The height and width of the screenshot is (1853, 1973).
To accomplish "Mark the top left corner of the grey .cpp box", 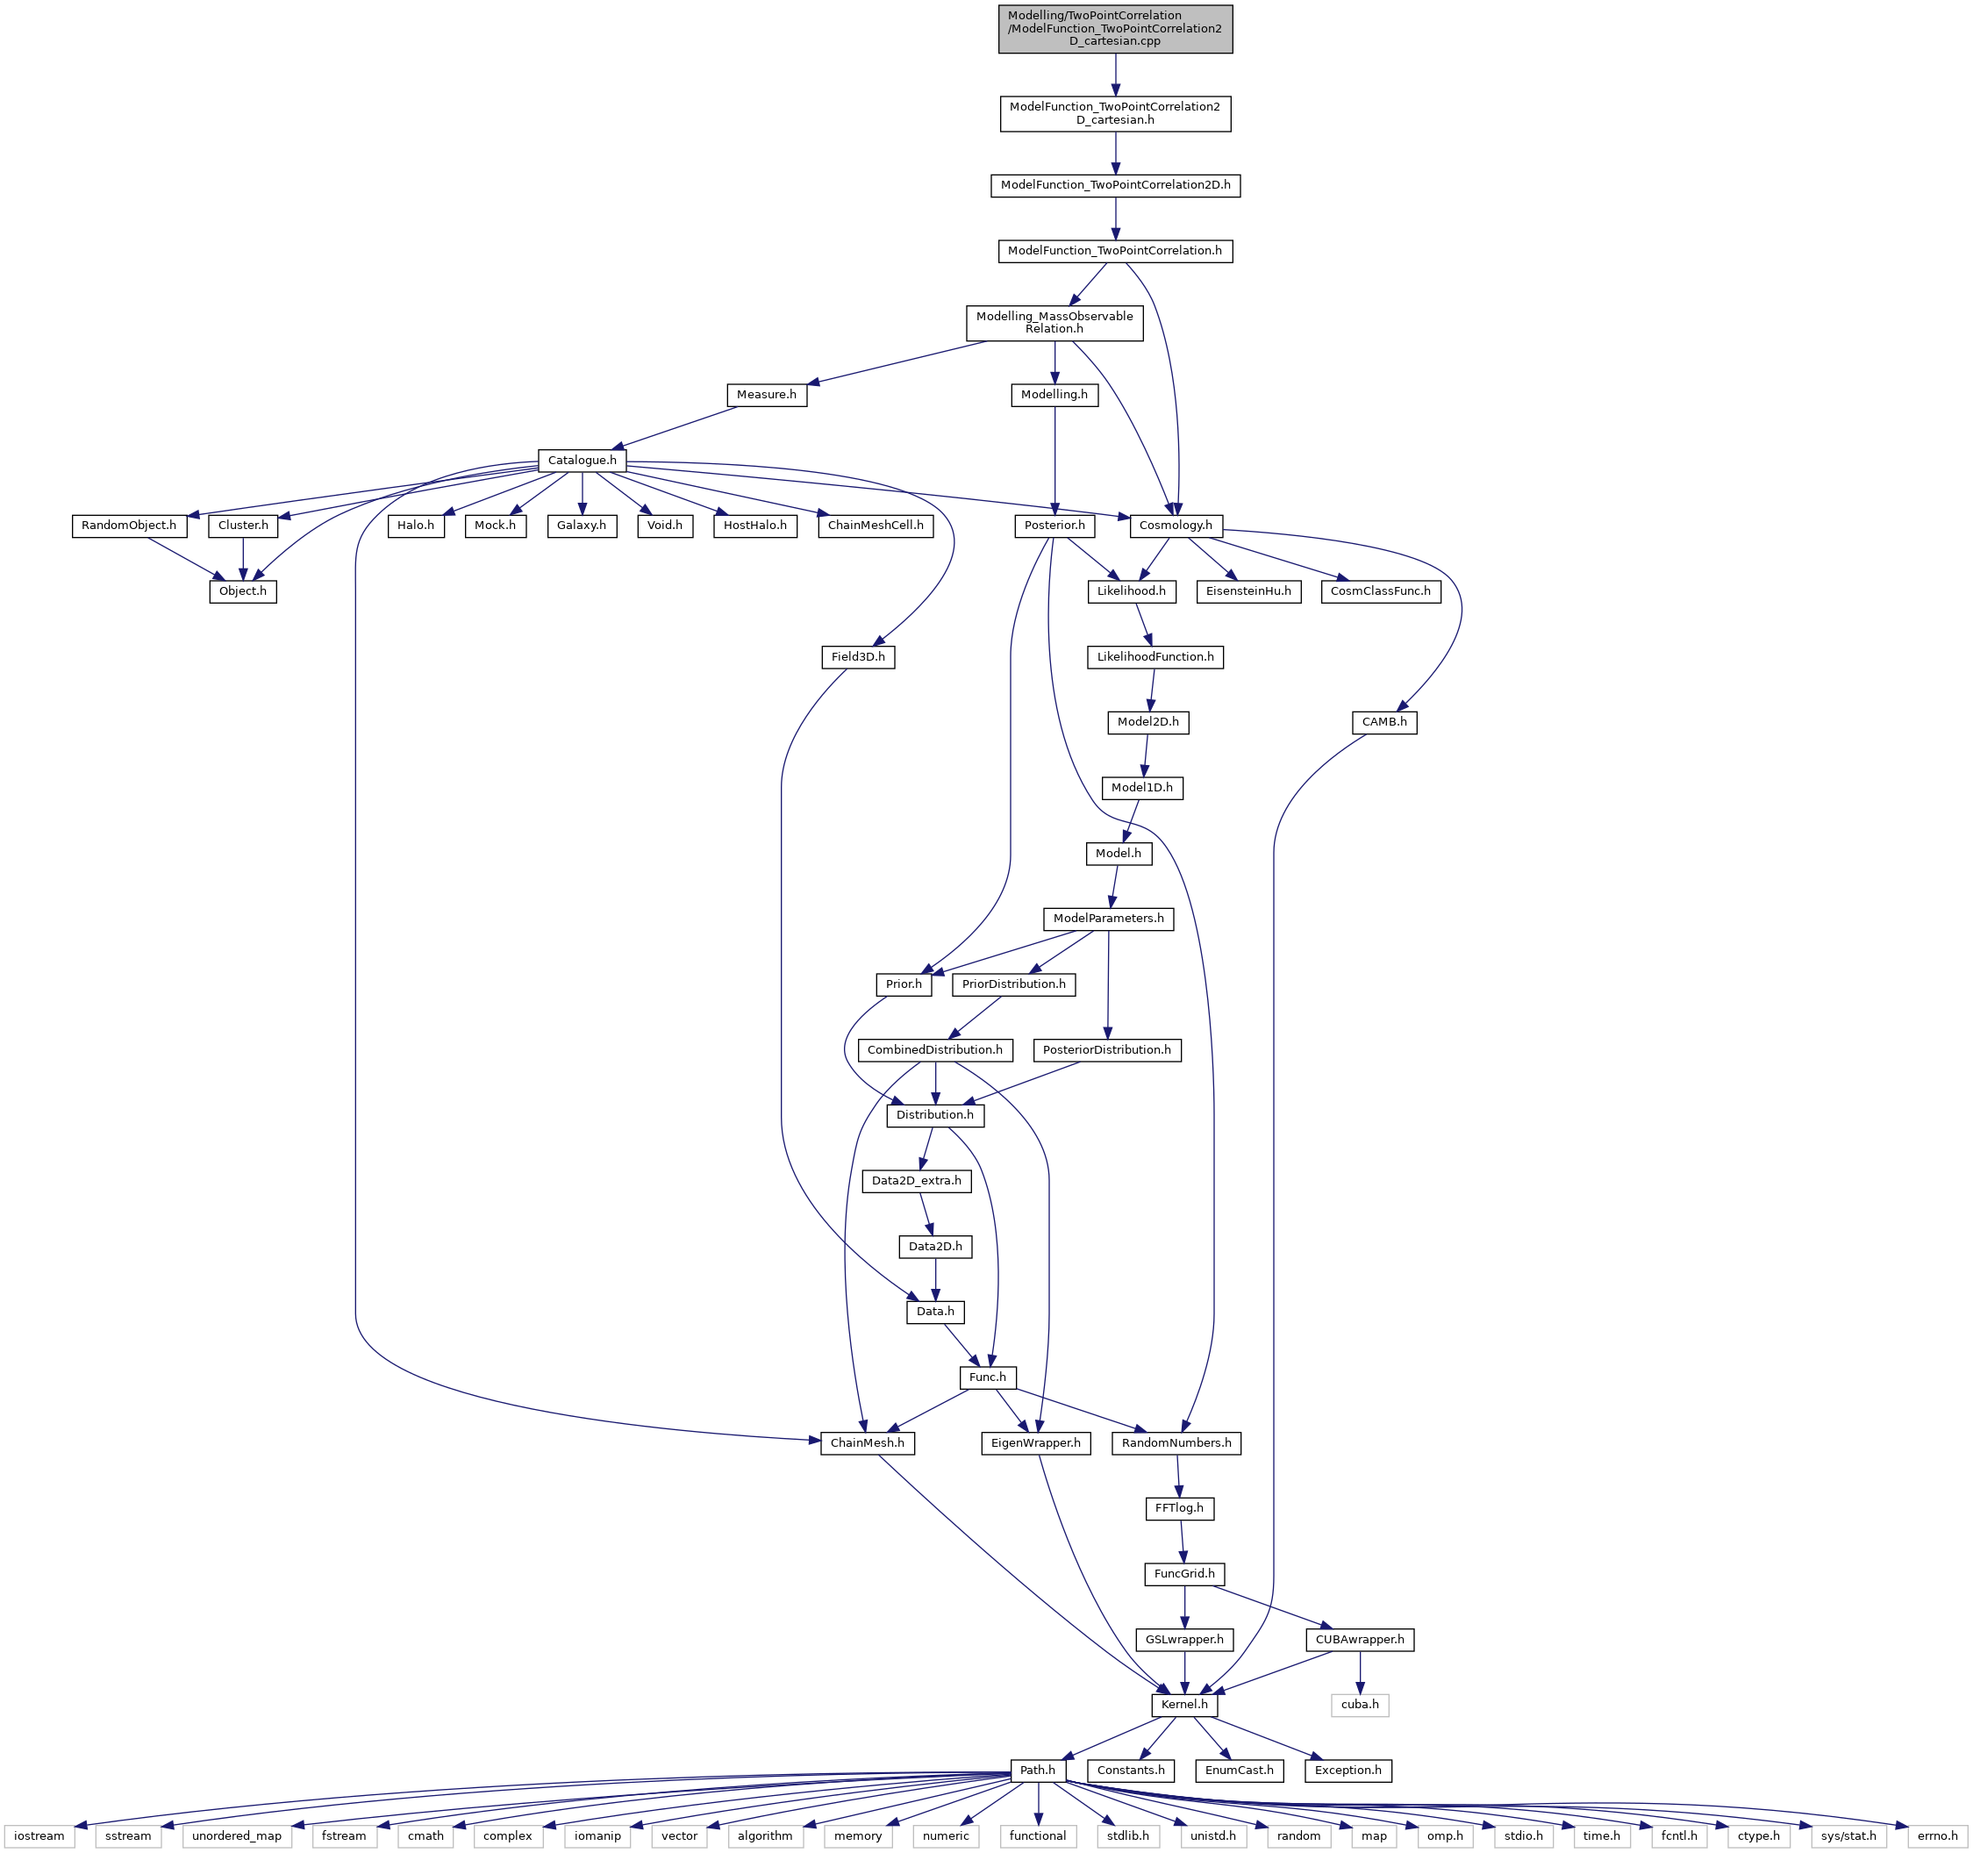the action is (999, 5).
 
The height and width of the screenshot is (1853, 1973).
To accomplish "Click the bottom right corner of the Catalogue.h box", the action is (626, 471).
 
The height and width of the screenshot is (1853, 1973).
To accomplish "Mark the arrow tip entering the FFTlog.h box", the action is (1180, 1497).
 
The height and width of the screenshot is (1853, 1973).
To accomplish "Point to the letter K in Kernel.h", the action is (1166, 1705).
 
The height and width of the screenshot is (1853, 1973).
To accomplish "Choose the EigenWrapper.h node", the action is (1036, 1443).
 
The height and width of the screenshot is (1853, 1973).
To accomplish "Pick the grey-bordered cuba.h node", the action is (1360, 1705).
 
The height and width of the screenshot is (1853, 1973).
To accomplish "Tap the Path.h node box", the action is (1038, 1771).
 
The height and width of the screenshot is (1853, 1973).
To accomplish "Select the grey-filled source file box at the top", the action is (1116, 29).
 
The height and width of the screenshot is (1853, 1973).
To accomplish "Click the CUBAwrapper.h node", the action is (1360, 1640).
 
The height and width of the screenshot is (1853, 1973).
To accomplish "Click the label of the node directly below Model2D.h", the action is (1141, 788).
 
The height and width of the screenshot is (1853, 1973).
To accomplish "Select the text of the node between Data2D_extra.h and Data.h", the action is (936, 1247).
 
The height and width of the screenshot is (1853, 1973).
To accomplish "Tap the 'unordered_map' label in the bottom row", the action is (237, 1836).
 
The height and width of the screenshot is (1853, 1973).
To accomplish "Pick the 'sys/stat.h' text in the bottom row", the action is (1848, 1836).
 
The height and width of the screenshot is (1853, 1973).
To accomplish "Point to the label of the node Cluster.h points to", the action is (243, 591).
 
